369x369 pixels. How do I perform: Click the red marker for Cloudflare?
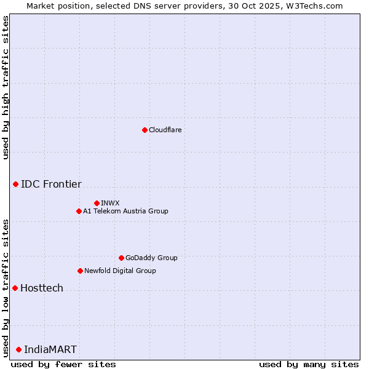(145, 130)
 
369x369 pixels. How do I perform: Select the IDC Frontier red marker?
(15, 184)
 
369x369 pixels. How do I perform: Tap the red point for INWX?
(97, 203)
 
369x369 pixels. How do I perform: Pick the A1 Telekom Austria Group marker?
(79, 211)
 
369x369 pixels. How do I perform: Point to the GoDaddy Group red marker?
(121, 258)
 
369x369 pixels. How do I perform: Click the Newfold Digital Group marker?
(80, 271)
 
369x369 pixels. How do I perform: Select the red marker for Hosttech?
(15, 288)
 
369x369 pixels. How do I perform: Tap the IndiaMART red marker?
(18, 349)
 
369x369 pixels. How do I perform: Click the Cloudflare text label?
(165, 130)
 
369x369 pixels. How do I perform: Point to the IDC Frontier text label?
(51, 184)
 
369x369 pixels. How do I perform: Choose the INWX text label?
(110, 203)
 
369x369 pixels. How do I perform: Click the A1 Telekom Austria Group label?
(125, 211)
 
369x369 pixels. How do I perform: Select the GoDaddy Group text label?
(151, 258)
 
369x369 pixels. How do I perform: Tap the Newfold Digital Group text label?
(120, 271)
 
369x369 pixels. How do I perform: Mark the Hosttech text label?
(42, 288)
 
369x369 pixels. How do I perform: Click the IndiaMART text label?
(50, 349)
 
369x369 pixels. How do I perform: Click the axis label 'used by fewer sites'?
(63, 364)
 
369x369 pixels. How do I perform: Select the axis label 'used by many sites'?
(309, 364)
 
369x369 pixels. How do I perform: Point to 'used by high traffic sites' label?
(6, 87)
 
